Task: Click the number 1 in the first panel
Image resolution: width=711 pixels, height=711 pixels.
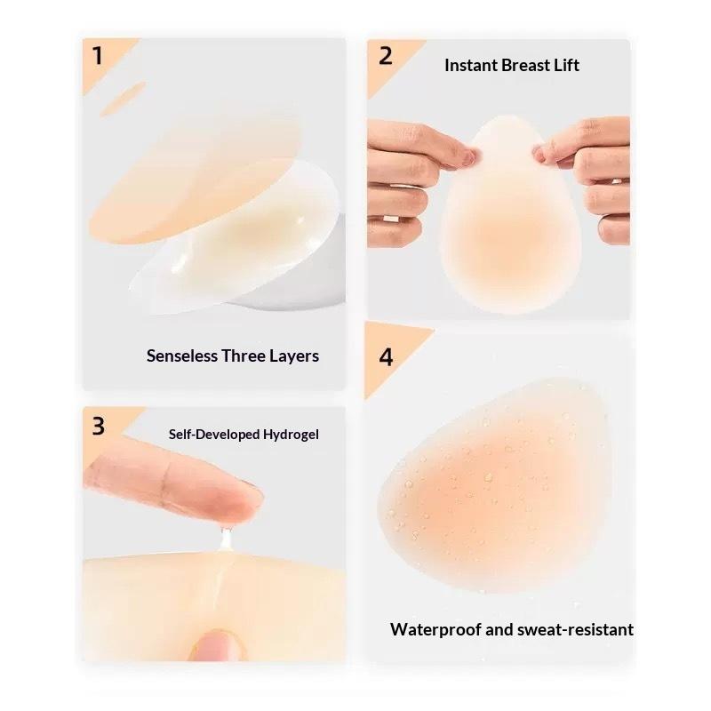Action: click(98, 56)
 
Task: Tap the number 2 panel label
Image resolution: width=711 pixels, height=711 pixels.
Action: click(386, 56)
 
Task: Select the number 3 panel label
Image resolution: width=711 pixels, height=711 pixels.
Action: click(99, 427)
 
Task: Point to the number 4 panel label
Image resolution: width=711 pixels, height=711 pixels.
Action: click(386, 357)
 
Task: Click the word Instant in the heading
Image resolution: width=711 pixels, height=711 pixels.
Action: click(471, 65)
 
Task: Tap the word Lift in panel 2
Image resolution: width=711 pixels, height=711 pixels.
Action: click(566, 65)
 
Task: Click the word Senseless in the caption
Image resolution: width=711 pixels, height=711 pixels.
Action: click(182, 356)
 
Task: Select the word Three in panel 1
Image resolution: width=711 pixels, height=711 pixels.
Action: click(243, 356)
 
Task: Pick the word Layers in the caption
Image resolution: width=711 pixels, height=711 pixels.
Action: click(294, 356)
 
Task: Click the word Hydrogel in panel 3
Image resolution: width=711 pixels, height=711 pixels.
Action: click(291, 435)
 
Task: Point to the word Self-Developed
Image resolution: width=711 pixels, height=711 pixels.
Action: click(214, 435)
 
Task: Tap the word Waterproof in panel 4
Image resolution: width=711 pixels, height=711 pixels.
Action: click(435, 630)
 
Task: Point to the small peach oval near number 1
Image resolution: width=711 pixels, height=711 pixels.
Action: click(123, 99)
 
